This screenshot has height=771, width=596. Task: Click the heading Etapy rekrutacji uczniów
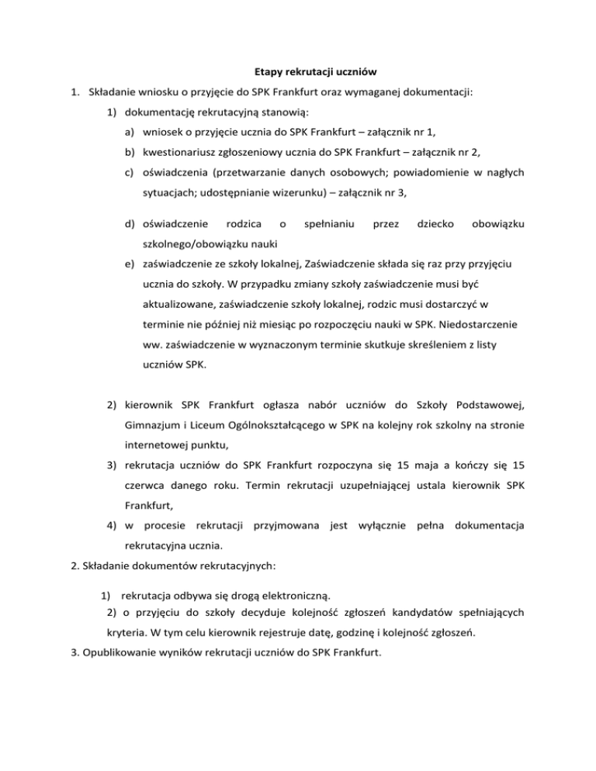click(x=298, y=72)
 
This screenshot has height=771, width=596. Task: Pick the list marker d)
click(x=128, y=224)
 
